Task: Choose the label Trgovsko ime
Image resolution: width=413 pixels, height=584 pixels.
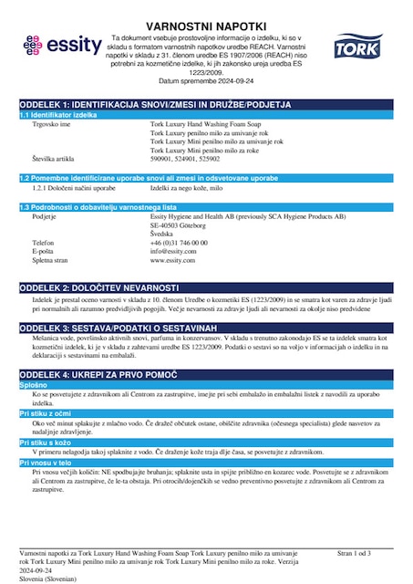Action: coord(52,124)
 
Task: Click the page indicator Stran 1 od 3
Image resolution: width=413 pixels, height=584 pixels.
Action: coord(354,553)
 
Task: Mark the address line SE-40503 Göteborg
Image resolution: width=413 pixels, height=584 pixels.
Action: coord(181,224)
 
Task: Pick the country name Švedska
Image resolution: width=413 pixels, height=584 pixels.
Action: coord(163,234)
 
